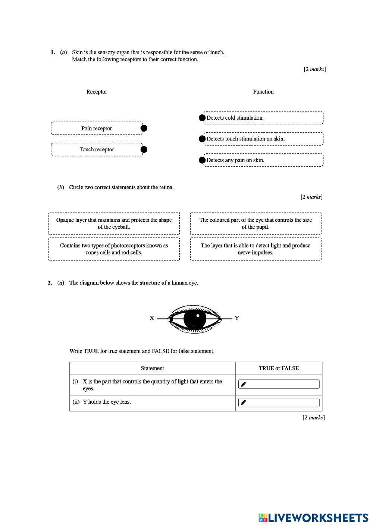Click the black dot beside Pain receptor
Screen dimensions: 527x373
click(x=144, y=128)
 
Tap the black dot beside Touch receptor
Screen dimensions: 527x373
click(x=144, y=149)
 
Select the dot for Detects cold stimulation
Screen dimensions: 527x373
click(x=202, y=118)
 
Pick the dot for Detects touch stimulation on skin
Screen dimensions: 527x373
click(x=202, y=139)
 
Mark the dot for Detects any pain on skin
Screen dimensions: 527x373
click(x=202, y=160)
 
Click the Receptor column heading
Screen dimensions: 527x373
click(x=97, y=92)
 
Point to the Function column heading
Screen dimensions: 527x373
click(x=263, y=92)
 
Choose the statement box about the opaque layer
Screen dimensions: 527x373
click(x=114, y=223)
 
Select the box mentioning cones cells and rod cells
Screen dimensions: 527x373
click(x=114, y=249)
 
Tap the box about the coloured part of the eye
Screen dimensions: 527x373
click(x=256, y=223)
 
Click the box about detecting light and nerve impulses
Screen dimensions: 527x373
click(x=256, y=249)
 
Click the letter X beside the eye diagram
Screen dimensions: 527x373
click(x=152, y=318)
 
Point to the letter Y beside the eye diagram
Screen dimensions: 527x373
click(x=237, y=318)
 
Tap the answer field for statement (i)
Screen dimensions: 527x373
click(x=279, y=384)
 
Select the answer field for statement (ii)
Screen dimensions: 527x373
click(x=279, y=402)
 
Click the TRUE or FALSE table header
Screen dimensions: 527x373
click(x=279, y=368)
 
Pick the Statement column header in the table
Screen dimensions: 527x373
click(x=152, y=368)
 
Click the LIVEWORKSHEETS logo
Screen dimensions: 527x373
click(x=313, y=518)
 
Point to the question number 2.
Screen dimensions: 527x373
click(x=50, y=283)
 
